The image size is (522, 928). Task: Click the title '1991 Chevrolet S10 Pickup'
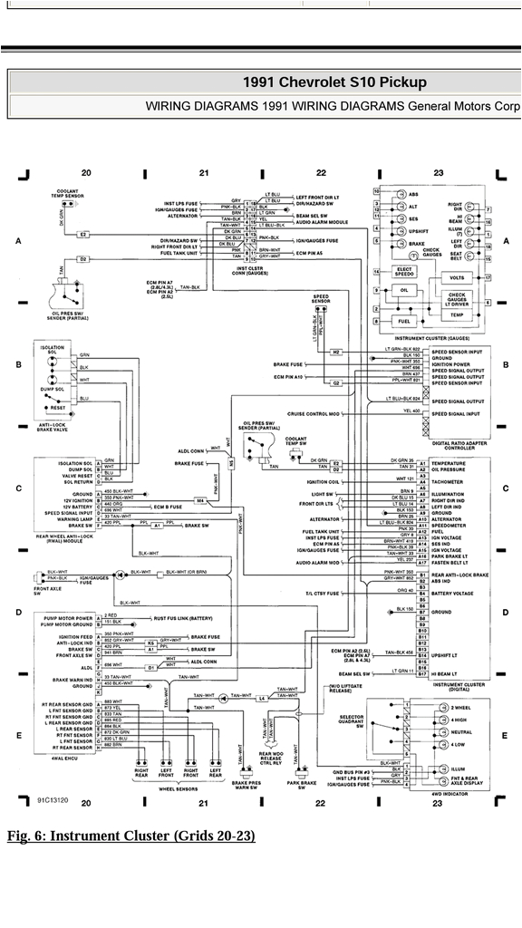click(333, 82)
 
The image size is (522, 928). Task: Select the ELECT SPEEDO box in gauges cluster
click(404, 272)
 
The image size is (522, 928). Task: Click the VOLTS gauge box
click(457, 278)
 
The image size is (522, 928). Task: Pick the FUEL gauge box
click(404, 321)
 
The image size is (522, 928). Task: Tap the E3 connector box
click(82, 235)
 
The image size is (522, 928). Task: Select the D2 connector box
click(82, 259)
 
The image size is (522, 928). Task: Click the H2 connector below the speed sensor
click(336, 352)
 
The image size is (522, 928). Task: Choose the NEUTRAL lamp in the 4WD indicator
click(435, 731)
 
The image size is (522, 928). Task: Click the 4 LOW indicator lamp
click(435, 745)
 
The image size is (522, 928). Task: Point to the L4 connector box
click(262, 698)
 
